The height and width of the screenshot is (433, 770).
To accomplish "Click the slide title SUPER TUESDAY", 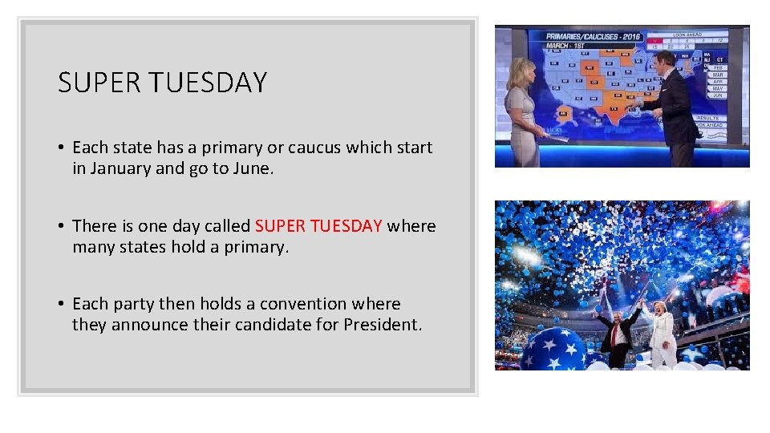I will point(162,83).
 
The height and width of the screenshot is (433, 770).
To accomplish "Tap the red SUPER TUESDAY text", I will point(318,226).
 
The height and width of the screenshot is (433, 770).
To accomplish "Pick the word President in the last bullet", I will point(381,325).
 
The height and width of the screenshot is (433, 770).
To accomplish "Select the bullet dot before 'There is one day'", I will point(61,227).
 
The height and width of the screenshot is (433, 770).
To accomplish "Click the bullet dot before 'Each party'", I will point(61,305).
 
